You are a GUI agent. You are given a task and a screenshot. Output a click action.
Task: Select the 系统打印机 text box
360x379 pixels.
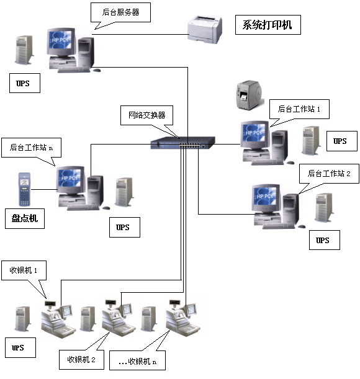point(268,25)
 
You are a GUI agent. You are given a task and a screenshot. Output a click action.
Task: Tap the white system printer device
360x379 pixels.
point(204,30)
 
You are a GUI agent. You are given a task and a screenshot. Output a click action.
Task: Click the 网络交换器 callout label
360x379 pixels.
point(146,115)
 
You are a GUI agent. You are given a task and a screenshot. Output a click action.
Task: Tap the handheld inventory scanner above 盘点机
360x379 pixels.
point(25,189)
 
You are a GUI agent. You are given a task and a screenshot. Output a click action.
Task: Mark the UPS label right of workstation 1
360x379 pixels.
point(340,141)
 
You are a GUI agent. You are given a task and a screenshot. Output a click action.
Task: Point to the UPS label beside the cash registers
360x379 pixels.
point(18,348)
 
